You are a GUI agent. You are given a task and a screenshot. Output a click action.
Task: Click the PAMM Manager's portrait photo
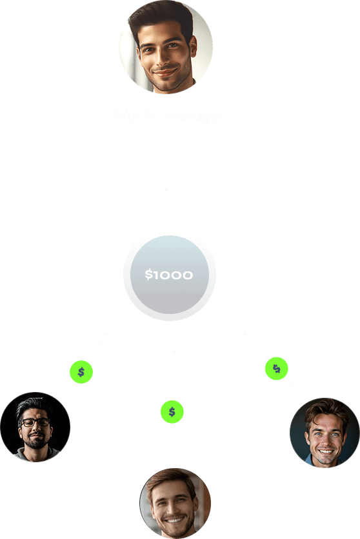point(166,47)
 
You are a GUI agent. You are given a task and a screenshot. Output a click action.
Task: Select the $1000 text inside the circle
point(168,275)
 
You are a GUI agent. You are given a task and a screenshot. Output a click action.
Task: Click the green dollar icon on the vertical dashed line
point(172,411)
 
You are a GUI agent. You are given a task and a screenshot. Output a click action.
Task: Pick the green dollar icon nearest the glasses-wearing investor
point(81,372)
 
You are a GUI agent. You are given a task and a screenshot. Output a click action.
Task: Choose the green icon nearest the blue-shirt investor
point(276,368)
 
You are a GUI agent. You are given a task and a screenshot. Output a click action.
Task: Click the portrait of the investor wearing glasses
point(35,427)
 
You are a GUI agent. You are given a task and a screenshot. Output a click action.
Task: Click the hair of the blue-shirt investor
point(326,409)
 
